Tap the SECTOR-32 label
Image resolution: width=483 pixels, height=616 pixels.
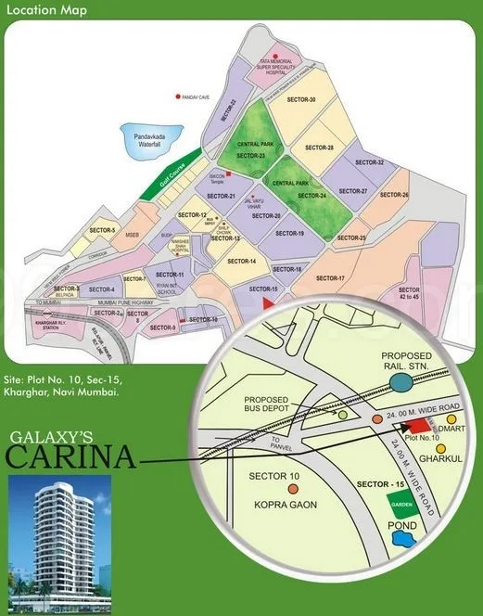tap(369, 163)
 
